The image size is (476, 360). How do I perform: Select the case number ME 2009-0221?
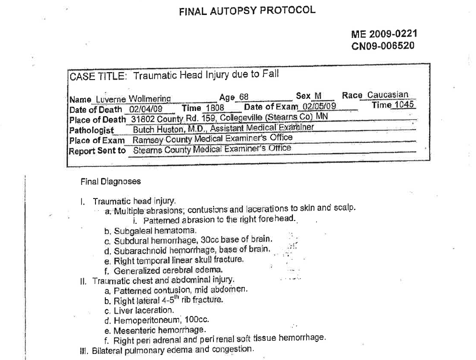[x=384, y=34]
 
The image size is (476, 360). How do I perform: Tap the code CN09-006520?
[x=382, y=46]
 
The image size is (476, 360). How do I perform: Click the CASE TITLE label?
[x=98, y=77]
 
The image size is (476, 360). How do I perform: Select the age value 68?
[x=244, y=97]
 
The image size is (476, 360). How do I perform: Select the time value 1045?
[x=403, y=105]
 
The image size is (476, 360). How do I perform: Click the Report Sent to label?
[x=97, y=151]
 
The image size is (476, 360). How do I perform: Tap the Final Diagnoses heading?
[x=110, y=181]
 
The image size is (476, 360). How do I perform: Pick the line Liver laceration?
[x=143, y=310]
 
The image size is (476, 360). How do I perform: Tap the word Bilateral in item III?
[x=107, y=351]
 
